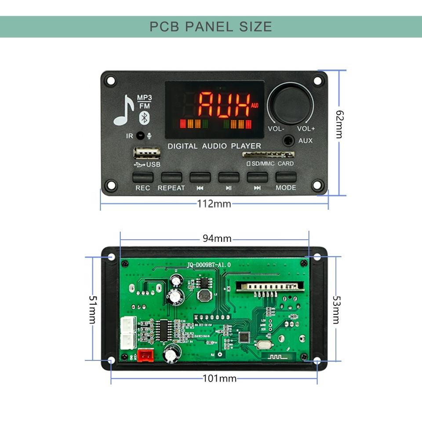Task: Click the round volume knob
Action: [291, 104]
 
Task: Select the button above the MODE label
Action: [286, 177]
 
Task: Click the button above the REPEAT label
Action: [171, 177]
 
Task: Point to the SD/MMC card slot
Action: [269, 155]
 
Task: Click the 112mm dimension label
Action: [214, 204]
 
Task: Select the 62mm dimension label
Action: [339, 124]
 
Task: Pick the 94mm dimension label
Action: [217, 238]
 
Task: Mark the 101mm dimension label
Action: [219, 378]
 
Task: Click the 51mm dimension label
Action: [93, 309]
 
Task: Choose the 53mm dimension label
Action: [336, 309]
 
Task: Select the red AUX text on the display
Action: [223, 104]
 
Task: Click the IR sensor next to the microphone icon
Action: [140, 136]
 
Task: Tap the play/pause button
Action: [229, 177]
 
